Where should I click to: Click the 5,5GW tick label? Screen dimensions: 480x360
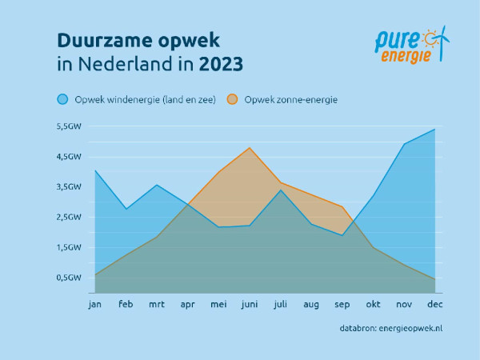click(69, 126)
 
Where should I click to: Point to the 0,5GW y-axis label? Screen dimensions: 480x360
click(69, 278)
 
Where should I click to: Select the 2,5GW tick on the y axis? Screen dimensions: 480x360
click(69, 217)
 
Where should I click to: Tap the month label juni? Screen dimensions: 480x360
click(250, 304)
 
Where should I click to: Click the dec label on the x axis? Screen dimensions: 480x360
click(434, 304)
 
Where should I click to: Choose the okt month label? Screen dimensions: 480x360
click(373, 304)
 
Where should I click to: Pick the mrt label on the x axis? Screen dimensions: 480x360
click(157, 304)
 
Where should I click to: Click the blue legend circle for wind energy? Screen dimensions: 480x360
click(62, 99)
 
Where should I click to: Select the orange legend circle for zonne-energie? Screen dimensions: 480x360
click(232, 99)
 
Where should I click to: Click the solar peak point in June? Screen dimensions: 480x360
click(250, 148)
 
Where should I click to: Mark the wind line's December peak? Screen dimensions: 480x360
click(434, 129)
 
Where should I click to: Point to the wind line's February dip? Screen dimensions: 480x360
click(126, 209)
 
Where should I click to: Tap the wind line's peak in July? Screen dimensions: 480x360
click(281, 190)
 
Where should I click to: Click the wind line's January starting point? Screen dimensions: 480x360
click(95, 170)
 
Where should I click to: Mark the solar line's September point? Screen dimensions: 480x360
click(342, 206)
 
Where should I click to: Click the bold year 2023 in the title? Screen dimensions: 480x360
click(221, 64)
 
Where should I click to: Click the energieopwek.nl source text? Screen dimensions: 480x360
click(410, 329)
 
